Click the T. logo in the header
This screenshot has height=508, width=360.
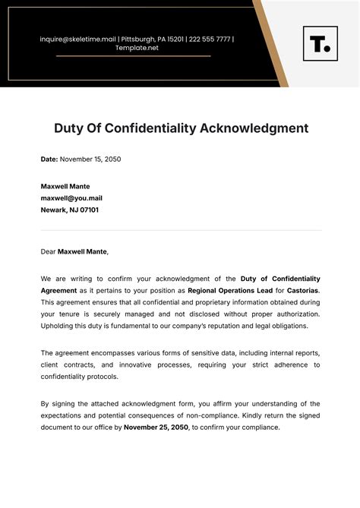320,43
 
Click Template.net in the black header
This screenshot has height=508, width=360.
137,48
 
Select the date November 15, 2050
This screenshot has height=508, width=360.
90,159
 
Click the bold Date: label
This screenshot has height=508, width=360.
49,159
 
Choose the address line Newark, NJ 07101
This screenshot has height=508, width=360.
70,210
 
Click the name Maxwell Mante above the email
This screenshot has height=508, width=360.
65,186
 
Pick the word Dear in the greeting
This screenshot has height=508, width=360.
49,251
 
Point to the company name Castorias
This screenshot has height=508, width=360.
303,290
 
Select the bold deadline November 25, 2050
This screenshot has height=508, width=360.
156,427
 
